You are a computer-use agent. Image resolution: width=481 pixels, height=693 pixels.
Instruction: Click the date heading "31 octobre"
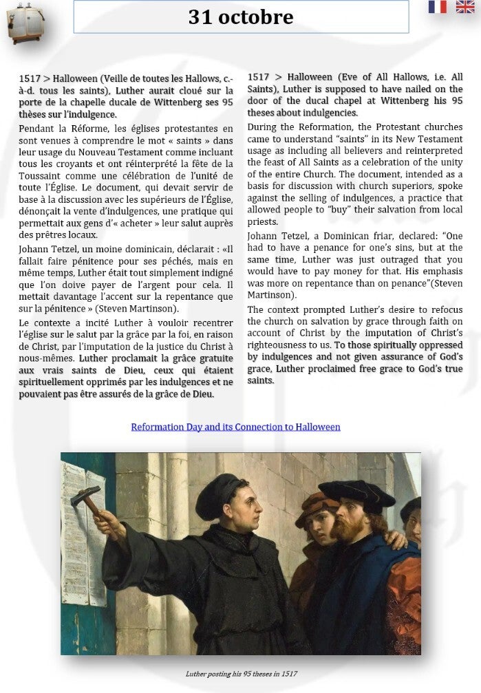241,17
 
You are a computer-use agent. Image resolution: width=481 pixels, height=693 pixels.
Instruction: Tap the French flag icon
437,7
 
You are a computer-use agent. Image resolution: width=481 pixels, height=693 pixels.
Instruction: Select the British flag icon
464,7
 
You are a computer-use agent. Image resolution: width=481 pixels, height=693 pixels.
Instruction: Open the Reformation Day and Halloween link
235,427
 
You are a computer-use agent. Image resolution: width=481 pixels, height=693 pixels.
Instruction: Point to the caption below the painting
241,674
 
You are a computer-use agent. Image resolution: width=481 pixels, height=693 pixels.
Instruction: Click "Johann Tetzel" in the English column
277,234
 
